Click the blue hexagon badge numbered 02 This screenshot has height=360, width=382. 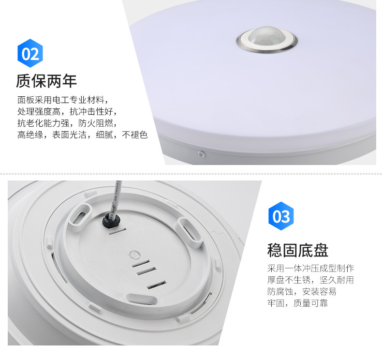(30, 53)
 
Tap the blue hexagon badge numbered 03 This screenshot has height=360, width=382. (281, 216)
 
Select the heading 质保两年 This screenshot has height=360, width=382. (46, 81)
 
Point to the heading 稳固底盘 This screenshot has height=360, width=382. (297, 250)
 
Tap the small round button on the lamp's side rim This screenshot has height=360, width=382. (202, 154)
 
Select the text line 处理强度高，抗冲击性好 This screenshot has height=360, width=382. (66, 112)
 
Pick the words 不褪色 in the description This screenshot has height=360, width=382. (135, 135)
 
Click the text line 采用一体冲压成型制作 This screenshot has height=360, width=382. (310, 269)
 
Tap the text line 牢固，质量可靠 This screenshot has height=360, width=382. (297, 303)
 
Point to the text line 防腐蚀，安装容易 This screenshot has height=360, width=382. (302, 292)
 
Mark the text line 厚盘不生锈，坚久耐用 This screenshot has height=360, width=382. (310, 280)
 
